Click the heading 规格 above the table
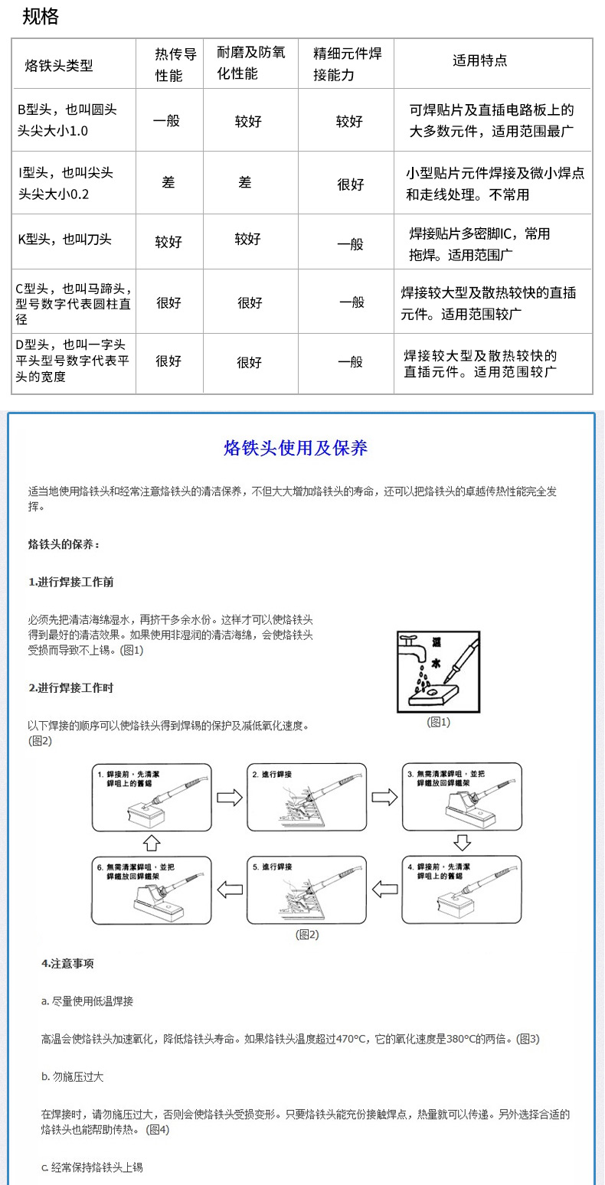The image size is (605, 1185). click(x=40, y=17)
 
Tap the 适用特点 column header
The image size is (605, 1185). click(x=480, y=60)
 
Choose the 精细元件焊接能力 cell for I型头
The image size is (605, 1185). click(x=350, y=184)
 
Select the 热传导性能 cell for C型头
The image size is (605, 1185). click(x=168, y=302)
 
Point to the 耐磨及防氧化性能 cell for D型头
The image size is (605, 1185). click(x=249, y=362)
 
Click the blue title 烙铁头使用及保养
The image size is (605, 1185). click(x=296, y=448)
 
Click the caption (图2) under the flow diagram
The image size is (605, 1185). click(x=306, y=934)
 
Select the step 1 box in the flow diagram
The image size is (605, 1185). click(x=152, y=797)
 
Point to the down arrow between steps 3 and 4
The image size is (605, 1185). click(x=461, y=843)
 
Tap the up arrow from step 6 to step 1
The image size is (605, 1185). click(x=152, y=843)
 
